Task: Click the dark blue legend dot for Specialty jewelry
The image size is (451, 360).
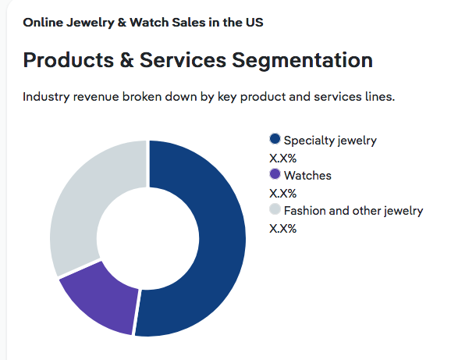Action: point(275,139)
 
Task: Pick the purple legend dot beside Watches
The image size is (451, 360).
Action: point(275,174)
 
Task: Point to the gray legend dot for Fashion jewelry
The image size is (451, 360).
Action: point(275,209)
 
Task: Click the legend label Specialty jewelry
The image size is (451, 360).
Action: point(330,141)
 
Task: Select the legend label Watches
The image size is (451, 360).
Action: point(307,176)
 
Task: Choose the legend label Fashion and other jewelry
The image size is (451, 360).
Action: point(353,211)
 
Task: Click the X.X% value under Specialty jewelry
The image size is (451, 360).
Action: point(282,159)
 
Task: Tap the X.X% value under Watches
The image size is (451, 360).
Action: point(282,194)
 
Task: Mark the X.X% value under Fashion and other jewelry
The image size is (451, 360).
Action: point(282,229)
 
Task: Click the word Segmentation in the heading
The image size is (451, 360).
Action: point(302,61)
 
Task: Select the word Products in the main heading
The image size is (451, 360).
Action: point(69,60)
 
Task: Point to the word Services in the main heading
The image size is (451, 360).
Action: point(183,60)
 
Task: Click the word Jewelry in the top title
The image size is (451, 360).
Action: point(91,23)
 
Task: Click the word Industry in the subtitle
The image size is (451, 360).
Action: point(46,97)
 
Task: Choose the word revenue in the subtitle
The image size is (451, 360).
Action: point(96,98)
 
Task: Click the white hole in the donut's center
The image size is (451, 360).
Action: point(147,238)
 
